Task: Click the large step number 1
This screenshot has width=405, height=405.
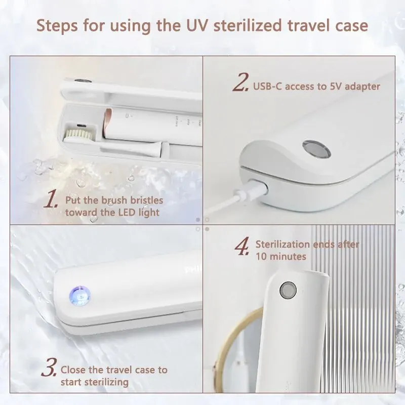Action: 50,200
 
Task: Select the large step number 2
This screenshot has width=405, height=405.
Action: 241,82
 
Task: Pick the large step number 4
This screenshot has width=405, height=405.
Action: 242,246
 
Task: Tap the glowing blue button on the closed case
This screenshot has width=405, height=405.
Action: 80,296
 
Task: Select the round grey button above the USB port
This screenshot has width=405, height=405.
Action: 316,150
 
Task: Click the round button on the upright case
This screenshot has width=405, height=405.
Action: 288,289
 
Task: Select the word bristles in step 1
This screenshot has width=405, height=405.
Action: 146,200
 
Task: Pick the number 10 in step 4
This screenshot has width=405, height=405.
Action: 261,257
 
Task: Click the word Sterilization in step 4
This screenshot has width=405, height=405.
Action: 282,244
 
